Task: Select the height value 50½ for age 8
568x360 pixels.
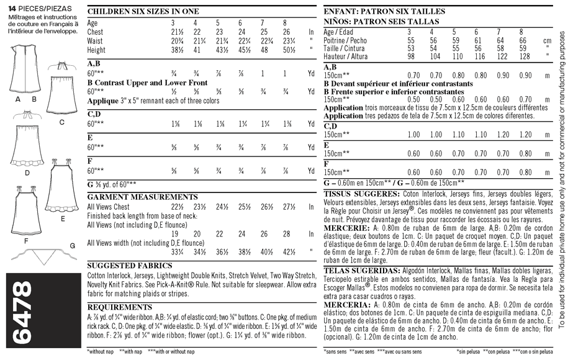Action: point(285,50)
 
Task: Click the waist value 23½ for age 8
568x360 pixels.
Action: point(285,40)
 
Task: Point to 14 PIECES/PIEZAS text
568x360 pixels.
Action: point(40,6)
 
